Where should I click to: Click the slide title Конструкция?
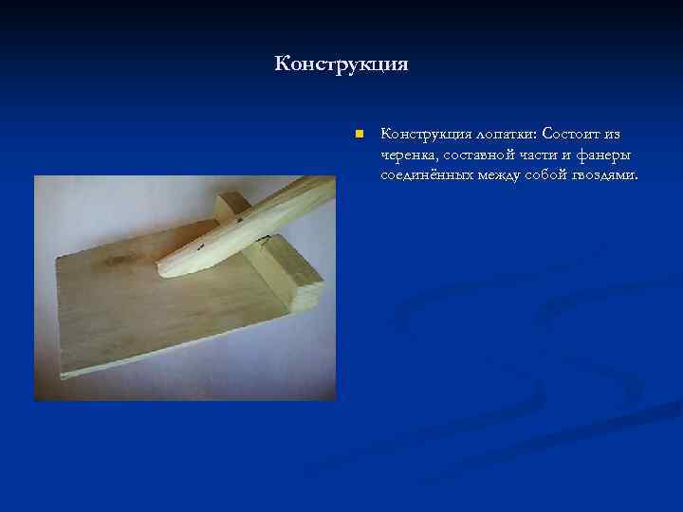tap(341, 64)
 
